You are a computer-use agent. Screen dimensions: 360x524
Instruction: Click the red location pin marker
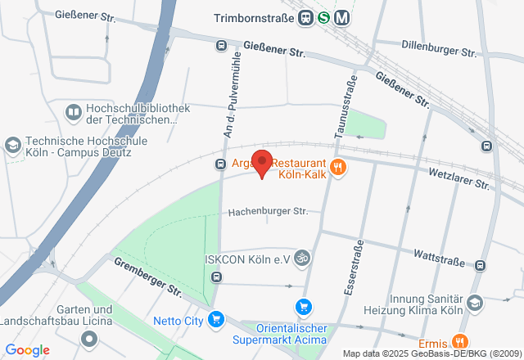(x=261, y=163)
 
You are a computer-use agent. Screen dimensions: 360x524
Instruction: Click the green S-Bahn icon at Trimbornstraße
(x=324, y=17)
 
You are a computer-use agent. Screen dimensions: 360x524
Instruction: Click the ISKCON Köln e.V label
(x=247, y=259)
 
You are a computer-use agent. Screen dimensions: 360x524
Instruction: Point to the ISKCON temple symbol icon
(x=303, y=259)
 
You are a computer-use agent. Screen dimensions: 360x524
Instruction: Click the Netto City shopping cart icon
(x=216, y=319)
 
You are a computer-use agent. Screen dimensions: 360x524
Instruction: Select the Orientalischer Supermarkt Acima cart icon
(x=304, y=307)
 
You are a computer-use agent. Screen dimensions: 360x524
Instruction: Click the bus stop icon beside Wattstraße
(x=480, y=264)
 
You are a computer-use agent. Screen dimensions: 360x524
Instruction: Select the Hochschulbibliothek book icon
(x=73, y=112)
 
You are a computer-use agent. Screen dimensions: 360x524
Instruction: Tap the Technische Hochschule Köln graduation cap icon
(x=12, y=146)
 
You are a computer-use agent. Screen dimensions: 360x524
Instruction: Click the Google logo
(x=27, y=350)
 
